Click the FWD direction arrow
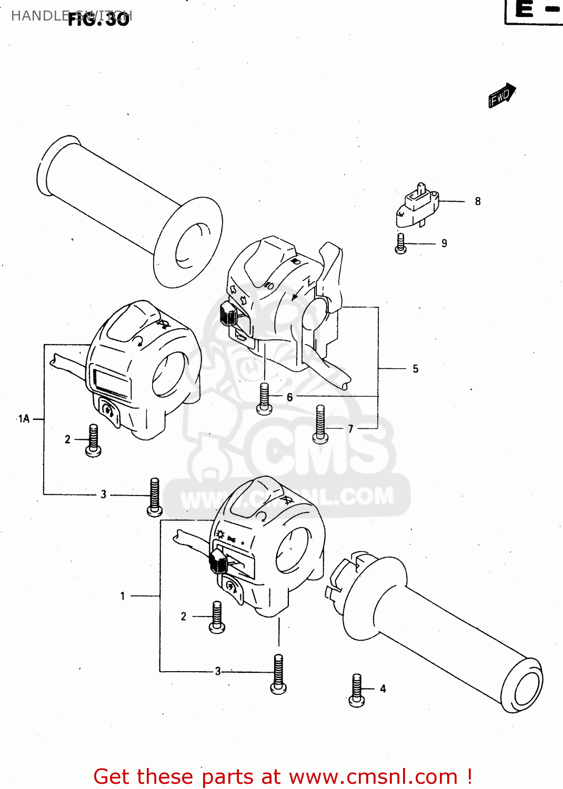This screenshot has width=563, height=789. tap(501, 96)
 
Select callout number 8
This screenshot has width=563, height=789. tap(477, 201)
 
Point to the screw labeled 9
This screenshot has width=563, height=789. tap(401, 244)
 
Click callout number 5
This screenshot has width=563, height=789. tap(415, 369)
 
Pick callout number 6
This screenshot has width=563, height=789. tap(289, 397)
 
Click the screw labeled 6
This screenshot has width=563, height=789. tap(264, 398)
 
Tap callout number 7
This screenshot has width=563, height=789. tap(350, 429)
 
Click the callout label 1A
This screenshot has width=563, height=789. tap(24, 419)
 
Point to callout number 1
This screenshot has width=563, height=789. tap(123, 596)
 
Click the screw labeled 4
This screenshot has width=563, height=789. tap(357, 690)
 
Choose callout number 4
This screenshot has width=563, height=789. tap(383, 689)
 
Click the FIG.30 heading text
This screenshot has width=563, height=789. tap(98, 19)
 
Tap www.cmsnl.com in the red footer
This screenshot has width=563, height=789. tap(373, 776)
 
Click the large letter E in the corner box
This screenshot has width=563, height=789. tap(524, 9)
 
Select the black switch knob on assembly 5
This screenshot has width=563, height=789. tap(228, 315)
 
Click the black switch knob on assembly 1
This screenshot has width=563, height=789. tap(218, 562)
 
